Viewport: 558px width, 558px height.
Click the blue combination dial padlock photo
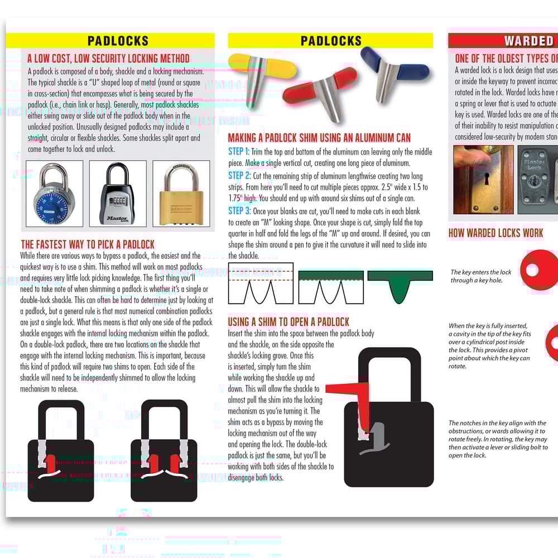[55, 194]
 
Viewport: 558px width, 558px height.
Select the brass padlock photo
[181, 194]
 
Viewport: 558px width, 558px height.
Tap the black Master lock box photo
[118, 194]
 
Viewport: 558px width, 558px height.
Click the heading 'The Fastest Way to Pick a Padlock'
[88, 244]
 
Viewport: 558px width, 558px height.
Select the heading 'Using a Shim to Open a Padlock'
[288, 322]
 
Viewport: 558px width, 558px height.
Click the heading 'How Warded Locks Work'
[496, 233]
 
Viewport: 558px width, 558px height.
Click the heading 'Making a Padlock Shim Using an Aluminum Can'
[319, 138]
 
